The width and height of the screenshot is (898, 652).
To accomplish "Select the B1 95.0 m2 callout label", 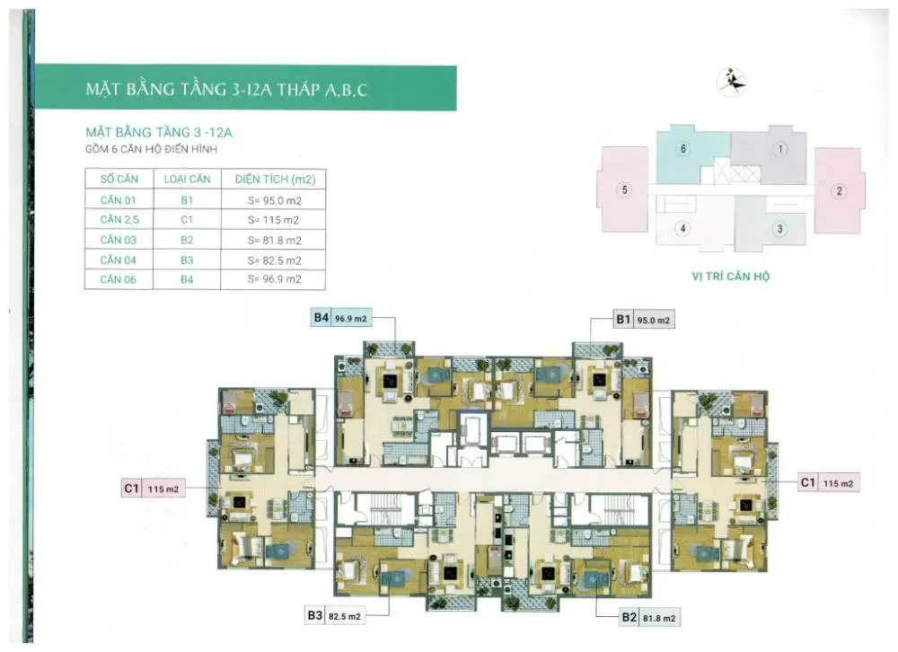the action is (644, 320).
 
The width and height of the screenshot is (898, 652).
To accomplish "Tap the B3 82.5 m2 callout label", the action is (336, 616).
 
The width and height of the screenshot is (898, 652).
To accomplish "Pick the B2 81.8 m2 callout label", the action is (649, 618).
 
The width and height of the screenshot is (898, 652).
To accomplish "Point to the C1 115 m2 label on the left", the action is (153, 489).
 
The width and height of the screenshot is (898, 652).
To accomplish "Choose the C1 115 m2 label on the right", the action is (829, 483).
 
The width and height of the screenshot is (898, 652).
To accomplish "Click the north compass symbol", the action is (731, 82).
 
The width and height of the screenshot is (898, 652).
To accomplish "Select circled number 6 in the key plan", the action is (683, 149).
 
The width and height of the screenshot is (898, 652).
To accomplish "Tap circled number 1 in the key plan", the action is (780, 150).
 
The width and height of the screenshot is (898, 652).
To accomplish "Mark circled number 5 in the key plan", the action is (624, 189).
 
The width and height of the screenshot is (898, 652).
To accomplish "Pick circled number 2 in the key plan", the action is (840, 190).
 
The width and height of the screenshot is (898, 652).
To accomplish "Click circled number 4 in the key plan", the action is (682, 229).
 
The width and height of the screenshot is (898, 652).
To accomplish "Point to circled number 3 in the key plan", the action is (779, 229).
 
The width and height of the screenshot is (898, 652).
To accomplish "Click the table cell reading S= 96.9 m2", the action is (274, 279).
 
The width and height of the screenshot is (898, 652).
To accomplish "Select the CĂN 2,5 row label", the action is (119, 220).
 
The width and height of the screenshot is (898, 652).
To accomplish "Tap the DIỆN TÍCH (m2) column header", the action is (275, 180).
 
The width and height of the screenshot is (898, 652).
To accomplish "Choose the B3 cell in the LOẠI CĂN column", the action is (187, 260).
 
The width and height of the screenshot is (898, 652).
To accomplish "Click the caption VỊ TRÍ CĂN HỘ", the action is (731, 276).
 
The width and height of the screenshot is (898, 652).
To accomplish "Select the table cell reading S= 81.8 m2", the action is (274, 241).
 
